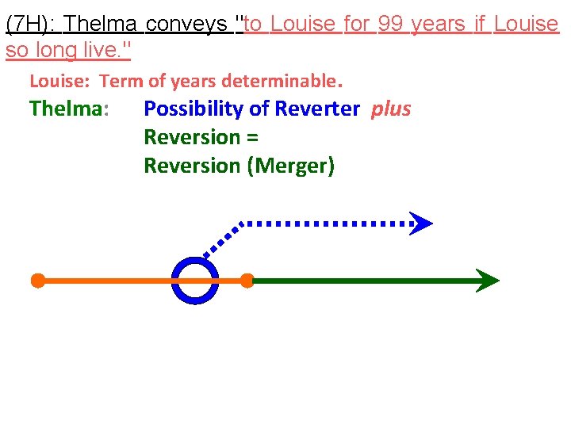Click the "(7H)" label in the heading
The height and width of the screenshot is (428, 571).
29,24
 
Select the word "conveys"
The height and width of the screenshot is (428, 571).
187,24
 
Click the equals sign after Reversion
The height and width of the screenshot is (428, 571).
253,137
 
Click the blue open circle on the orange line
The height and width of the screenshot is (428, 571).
194,281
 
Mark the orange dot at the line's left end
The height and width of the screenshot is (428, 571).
37,281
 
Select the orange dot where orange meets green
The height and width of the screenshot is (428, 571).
247,281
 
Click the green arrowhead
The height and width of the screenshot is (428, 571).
487,281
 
